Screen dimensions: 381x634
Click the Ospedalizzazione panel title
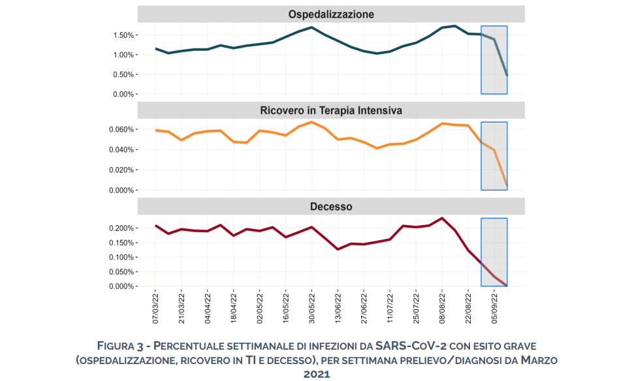coord(331,14)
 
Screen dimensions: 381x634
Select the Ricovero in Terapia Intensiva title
coord(331,110)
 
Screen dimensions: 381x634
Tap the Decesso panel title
coord(331,207)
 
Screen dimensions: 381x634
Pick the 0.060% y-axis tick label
coord(118,129)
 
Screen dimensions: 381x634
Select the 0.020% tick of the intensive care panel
coord(118,170)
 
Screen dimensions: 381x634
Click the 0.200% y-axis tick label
coord(118,228)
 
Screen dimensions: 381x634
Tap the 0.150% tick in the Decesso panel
coord(118,243)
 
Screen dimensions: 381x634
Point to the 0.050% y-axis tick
coord(118,272)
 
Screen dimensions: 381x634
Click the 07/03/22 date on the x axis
coord(155,309)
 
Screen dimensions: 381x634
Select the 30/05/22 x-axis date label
coord(312,309)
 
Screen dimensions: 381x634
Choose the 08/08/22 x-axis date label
coord(443,309)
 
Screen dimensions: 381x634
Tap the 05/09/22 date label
coord(495,309)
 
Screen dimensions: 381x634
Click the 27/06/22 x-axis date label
coord(364,309)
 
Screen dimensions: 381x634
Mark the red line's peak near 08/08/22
coord(442,218)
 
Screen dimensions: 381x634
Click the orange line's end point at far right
coord(507,187)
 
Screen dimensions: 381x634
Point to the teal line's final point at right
coord(507,76)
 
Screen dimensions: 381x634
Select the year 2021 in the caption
coord(317,374)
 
